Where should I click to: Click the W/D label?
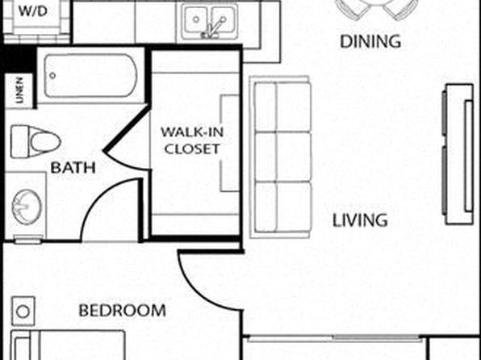coord(33,11)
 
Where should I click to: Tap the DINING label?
coord(370,42)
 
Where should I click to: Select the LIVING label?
coord(360,220)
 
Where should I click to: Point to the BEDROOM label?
coord(123,311)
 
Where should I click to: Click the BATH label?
coord(73,168)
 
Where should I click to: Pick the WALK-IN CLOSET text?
coord(192,140)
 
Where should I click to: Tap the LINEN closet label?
coord(19,90)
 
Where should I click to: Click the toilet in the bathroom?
coord(36,142)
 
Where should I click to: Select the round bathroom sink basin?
coord(27,206)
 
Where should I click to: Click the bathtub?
coord(90,76)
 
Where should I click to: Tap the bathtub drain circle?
coord(52,75)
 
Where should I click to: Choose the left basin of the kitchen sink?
coord(196,19)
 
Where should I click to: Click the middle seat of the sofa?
coord(282,157)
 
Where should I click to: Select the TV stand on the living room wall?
coord(459,154)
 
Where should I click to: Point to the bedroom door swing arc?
coord(199,291)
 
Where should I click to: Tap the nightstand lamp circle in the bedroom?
coord(23,312)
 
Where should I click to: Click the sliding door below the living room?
coord(335,339)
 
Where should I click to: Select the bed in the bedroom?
coord(68,345)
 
